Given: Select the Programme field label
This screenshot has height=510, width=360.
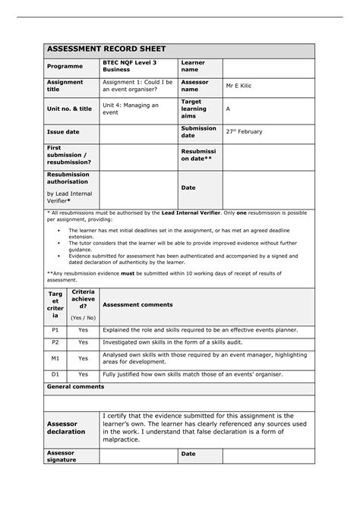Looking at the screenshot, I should (x=66, y=66).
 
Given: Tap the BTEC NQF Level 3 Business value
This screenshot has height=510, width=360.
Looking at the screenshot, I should (x=128, y=66).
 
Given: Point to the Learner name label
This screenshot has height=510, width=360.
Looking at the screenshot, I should (x=193, y=66).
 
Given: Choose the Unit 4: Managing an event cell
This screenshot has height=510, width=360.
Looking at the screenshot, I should (x=131, y=109).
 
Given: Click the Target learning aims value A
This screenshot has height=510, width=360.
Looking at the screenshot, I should (x=228, y=109).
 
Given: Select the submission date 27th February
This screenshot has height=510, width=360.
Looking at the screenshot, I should (x=244, y=131).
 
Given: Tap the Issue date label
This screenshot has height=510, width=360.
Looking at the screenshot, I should (x=64, y=131).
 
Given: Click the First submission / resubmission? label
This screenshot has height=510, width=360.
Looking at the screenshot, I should (x=69, y=155).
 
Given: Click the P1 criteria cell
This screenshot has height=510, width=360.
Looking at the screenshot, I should (x=55, y=331).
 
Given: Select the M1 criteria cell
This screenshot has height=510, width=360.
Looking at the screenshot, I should (x=55, y=358).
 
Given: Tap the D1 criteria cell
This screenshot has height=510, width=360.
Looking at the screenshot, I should (x=55, y=374).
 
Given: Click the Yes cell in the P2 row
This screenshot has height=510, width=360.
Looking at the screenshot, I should (x=83, y=342).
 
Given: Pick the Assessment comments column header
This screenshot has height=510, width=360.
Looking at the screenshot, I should (x=137, y=304).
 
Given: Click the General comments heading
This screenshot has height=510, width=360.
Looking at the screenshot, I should (x=75, y=386).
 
